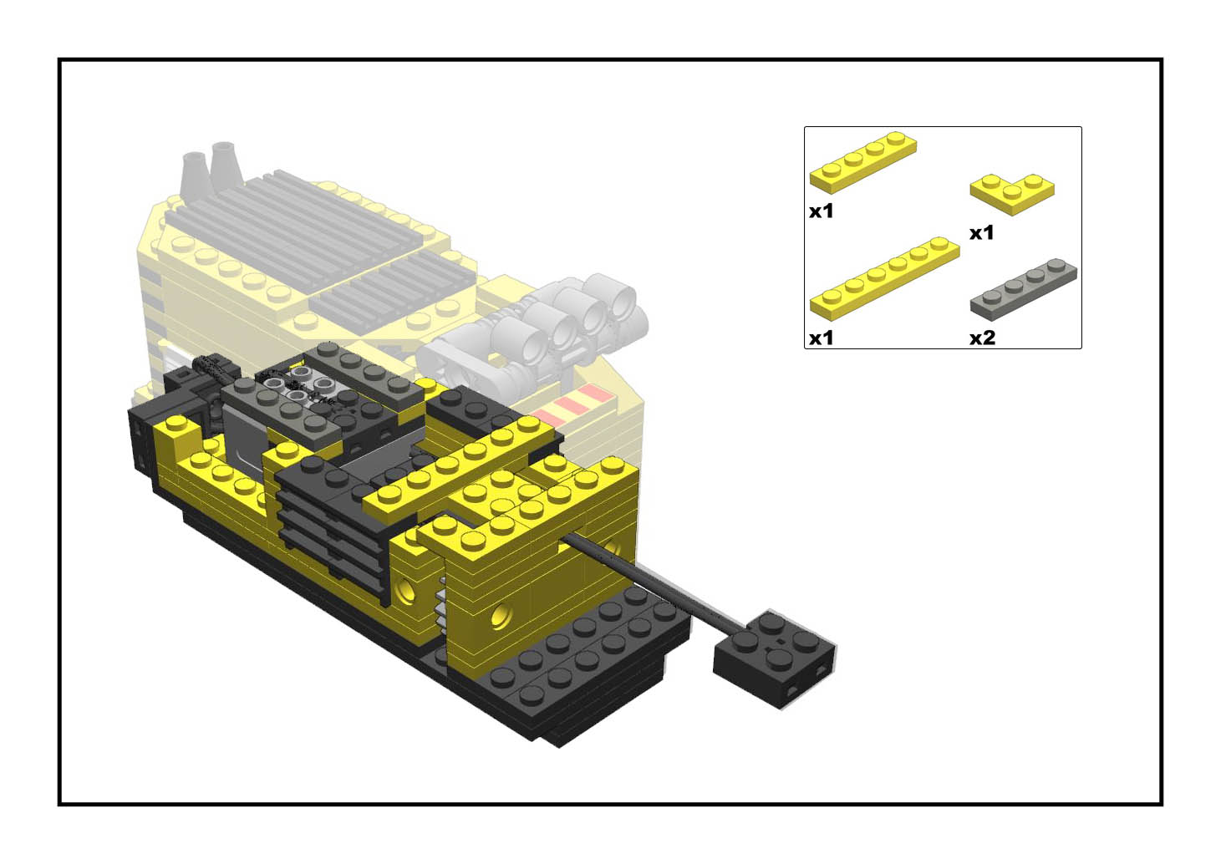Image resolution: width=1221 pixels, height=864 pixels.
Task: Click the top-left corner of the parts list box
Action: [805, 127]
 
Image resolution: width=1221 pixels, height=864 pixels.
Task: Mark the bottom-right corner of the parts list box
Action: [1081, 348]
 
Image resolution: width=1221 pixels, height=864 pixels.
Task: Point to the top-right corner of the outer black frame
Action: [1162, 58]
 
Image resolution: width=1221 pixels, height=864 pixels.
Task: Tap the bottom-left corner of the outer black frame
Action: [59, 805]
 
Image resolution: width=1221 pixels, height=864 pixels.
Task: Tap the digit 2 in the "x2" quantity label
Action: [989, 338]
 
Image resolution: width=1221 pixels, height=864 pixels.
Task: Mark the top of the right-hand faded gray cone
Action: [223, 145]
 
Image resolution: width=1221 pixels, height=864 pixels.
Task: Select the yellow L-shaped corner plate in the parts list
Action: [1012, 194]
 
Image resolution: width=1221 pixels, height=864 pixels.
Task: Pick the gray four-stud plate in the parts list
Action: [1024, 289]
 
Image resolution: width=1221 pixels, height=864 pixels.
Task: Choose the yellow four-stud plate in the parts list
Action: [863, 162]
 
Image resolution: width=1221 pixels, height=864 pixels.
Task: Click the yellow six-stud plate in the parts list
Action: [885, 278]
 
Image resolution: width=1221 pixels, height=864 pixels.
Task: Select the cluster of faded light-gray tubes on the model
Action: [533, 332]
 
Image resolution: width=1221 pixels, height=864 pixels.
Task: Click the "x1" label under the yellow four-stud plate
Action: [821, 211]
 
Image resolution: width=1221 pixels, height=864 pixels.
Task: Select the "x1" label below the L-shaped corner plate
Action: [982, 233]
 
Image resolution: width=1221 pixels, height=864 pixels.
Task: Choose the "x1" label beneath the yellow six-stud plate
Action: [821, 338]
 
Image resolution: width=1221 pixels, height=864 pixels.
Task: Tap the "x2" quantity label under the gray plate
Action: [983, 338]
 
